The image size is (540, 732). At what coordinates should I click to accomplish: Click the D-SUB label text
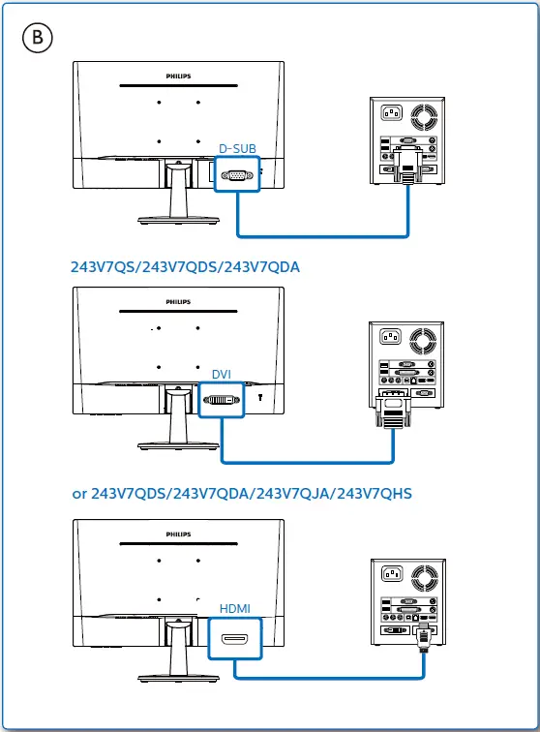coord(237,148)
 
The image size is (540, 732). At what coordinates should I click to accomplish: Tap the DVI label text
coord(222,373)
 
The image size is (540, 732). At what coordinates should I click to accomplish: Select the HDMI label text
coord(234,608)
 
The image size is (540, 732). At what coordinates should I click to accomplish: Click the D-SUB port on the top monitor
coord(236,175)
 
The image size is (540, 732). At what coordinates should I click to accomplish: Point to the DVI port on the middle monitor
coord(221,399)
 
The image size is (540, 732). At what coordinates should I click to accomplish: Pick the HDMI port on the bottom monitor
coord(235,639)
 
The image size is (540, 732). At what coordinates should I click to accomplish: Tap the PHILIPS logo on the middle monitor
coord(175,300)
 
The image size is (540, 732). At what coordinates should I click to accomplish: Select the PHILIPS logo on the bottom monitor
coord(175,533)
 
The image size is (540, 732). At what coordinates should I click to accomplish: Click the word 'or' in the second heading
coord(79,494)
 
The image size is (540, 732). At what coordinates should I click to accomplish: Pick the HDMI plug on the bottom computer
coord(423,639)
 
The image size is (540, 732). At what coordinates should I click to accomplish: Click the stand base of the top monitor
coord(175,218)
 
